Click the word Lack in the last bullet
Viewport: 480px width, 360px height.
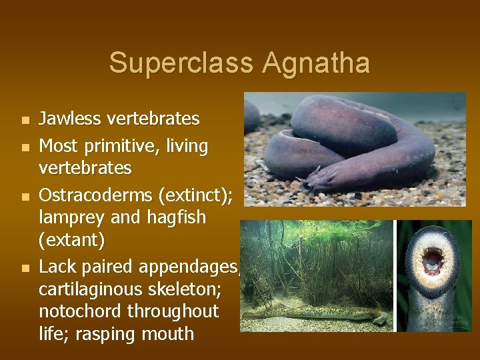(58, 267)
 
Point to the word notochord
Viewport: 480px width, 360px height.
(79, 311)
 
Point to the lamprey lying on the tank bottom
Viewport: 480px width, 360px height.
(313, 311)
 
